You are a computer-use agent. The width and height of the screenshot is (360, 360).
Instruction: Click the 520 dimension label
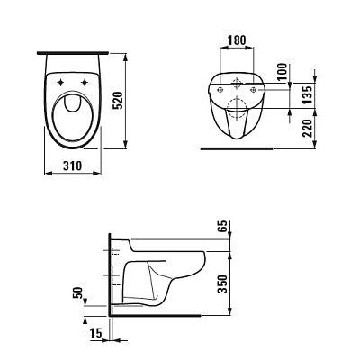(119, 101)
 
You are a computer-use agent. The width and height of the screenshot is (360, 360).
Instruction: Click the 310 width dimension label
(72, 166)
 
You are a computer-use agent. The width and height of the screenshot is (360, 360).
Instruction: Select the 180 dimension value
(237, 40)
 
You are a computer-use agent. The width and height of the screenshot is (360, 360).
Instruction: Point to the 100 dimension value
(283, 72)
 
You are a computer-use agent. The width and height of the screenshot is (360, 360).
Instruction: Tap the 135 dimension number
(307, 94)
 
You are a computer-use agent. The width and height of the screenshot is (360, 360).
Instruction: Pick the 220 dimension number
(307, 128)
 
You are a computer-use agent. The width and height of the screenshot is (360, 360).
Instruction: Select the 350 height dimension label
(222, 283)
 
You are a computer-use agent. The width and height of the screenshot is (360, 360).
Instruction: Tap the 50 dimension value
(77, 293)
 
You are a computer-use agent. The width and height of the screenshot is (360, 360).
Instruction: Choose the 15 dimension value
(96, 333)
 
